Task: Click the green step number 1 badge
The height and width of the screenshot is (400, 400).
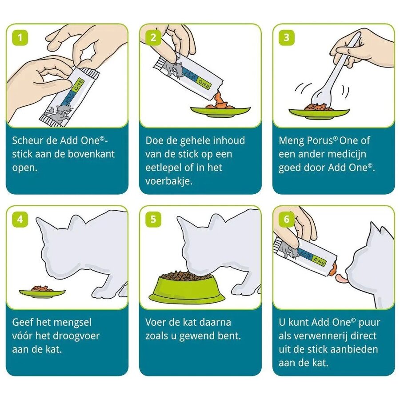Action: [20, 38]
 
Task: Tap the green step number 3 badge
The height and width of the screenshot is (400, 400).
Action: [287, 38]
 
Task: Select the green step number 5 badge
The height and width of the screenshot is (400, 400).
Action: [153, 219]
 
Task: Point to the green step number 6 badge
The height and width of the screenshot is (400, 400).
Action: [287, 219]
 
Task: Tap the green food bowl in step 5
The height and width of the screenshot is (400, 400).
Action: [187, 288]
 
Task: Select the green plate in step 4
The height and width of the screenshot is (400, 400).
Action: [42, 293]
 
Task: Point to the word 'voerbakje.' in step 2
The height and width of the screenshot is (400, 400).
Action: [169, 181]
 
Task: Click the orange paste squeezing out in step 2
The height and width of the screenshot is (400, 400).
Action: [219, 100]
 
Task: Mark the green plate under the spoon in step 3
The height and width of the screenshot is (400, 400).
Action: [319, 113]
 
